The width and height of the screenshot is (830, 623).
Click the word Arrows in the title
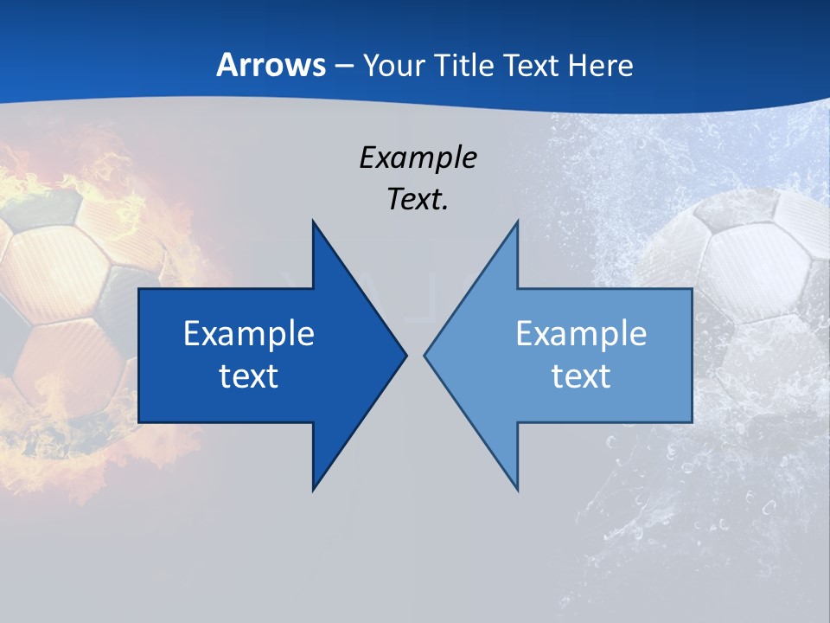271,66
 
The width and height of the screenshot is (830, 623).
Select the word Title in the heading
466,66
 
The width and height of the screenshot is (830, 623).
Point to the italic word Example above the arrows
418,157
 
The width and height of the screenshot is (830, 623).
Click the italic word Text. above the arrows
418,200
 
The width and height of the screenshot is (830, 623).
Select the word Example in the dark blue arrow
249,334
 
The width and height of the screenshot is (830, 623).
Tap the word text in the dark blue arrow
249,376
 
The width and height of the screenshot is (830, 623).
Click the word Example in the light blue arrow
581,334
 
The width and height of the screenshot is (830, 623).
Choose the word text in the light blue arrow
581,376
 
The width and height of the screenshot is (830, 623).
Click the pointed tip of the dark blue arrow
405,355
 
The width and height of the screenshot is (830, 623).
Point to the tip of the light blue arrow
425,355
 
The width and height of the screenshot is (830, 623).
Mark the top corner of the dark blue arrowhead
313,222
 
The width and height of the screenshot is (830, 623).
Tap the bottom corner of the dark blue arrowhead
313,489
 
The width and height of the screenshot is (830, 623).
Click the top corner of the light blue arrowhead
517,222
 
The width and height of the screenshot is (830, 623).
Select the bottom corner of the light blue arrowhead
517,489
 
